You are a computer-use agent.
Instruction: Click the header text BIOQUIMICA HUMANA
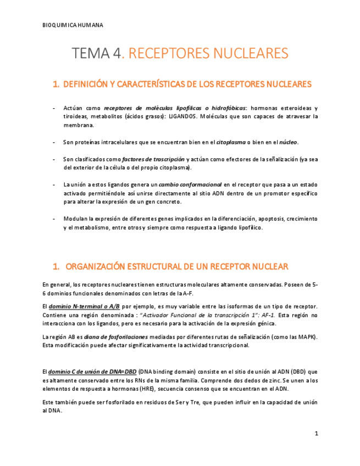(73, 25)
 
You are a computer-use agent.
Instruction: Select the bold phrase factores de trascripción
(153, 159)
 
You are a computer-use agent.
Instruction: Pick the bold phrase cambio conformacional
(190, 185)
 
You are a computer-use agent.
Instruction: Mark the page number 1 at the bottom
(316, 434)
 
